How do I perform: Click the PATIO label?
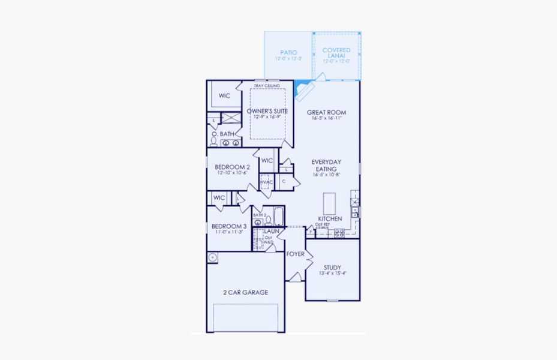pos(288,53)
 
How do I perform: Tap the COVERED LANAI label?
pos(336,53)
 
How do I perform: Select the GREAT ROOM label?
pos(326,112)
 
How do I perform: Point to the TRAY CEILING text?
pos(267,86)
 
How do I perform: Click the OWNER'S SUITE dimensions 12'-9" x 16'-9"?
pos(267,117)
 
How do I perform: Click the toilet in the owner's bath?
pos(213,141)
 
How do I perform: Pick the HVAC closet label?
pos(266,182)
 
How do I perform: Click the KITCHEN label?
pos(330,219)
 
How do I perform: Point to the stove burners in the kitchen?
pos(339,232)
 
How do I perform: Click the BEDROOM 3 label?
pos(229,226)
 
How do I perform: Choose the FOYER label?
pos(294,254)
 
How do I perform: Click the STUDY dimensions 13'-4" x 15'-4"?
pos(333,273)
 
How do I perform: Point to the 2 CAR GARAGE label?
pos(245,292)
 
